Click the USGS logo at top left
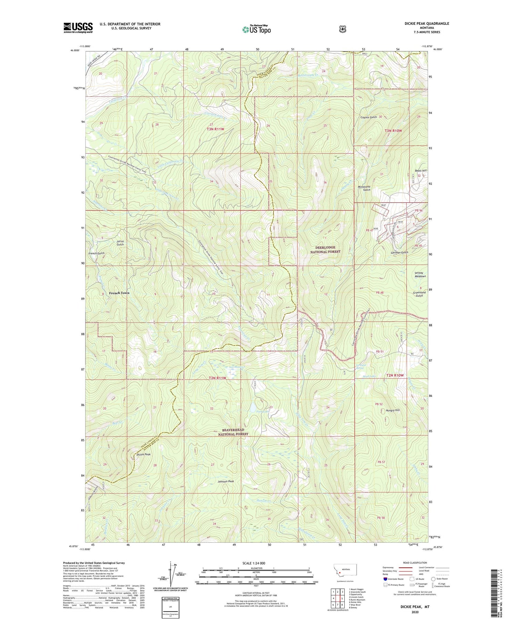[x=78, y=28]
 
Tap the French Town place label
[x=119, y=293]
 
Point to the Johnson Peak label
[x=226, y=481]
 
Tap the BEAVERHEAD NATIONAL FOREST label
[x=233, y=432]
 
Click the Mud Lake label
[x=369, y=377]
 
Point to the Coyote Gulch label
[x=368, y=117]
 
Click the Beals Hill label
[x=421, y=171]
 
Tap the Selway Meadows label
[x=420, y=274]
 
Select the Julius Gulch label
[x=120, y=243]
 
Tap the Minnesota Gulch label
[x=364, y=188]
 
